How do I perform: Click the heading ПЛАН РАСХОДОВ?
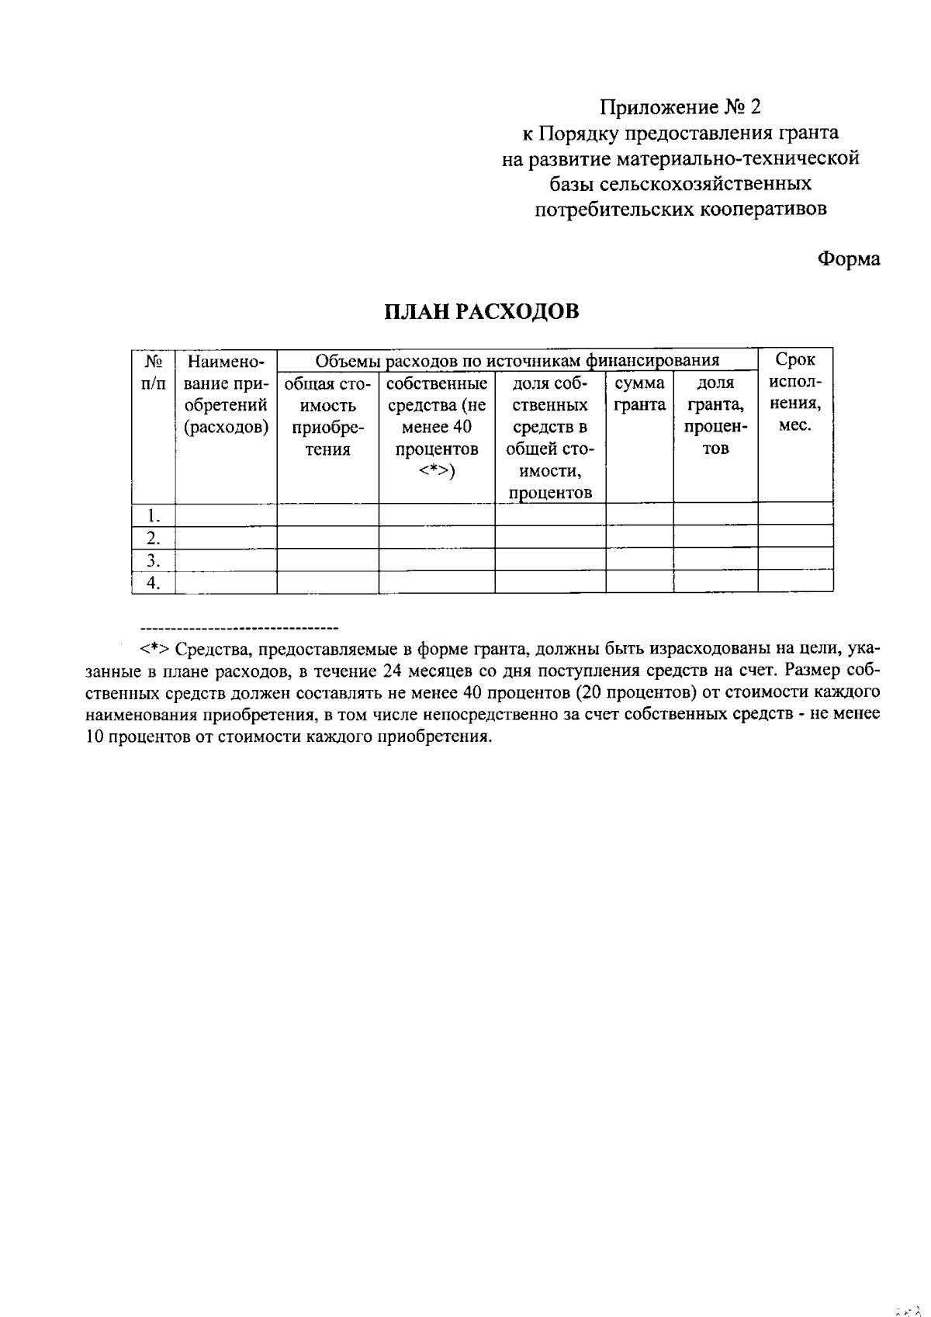(482, 311)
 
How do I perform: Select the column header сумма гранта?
(639, 394)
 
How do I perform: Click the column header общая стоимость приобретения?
(327, 416)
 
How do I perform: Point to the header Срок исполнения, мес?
(795, 393)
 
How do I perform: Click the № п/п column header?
(154, 372)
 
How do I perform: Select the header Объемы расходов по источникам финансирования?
(517, 360)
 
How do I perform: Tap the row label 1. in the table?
(154, 515)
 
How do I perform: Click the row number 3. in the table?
(154, 560)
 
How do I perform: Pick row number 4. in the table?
(154, 583)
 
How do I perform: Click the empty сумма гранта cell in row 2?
(639, 537)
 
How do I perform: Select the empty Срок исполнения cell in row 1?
(795, 515)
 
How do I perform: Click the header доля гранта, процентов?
(715, 416)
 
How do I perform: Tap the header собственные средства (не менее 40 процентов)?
(437, 427)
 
